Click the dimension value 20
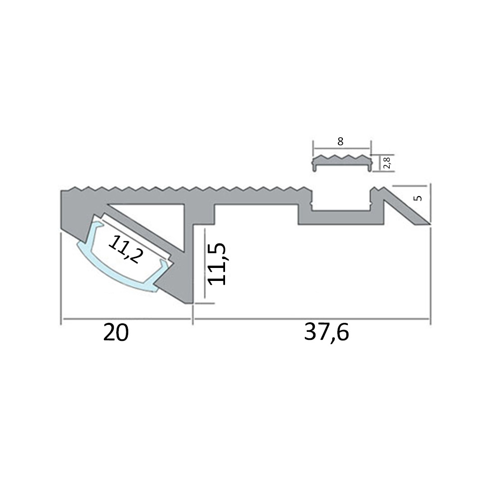click(116, 333)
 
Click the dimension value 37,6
click(326, 333)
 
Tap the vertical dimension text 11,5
click(218, 264)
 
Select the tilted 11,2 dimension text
click(125, 249)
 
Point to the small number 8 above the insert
click(340, 142)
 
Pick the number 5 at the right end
click(418, 198)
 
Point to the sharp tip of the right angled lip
click(428, 223)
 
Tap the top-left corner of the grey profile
click(62, 191)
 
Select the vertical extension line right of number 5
click(430, 205)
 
